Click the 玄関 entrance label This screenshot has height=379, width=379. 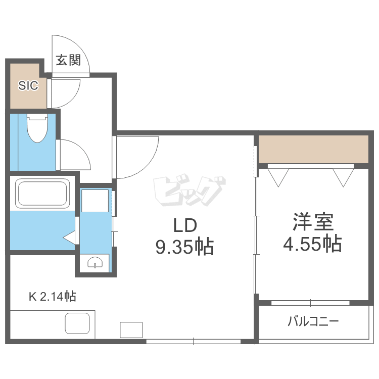(x=68, y=61)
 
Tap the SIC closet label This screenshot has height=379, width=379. (x=28, y=85)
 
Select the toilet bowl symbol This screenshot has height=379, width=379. (x=36, y=128)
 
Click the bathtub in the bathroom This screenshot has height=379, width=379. (x=42, y=193)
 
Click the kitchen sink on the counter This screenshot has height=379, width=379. (x=77, y=323)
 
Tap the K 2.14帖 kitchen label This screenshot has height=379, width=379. (x=52, y=297)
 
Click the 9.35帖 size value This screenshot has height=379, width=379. (x=184, y=247)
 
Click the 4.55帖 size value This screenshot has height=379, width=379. (x=312, y=244)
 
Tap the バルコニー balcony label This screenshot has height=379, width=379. (x=313, y=321)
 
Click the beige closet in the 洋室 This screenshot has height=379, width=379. (x=313, y=149)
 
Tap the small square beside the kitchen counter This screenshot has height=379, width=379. (x=131, y=329)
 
